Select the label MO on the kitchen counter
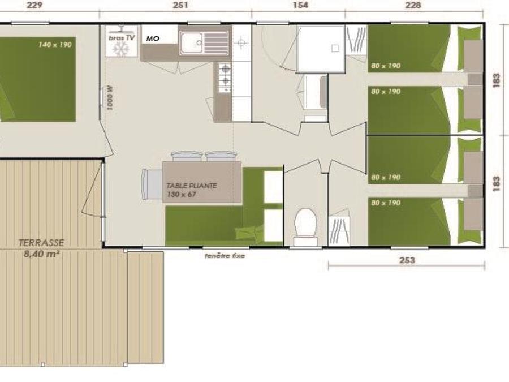153,38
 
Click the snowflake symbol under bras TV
120,50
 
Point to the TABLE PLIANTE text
192,186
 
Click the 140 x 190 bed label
55,45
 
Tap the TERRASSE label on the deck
41,243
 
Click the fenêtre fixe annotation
225,256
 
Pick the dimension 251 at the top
180,5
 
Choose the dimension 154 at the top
300,5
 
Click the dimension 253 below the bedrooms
407,260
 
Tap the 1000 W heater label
110,98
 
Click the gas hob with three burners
225,78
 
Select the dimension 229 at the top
34,5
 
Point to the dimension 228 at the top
413,5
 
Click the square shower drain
335,49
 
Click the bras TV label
122,38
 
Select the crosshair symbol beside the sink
241,42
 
